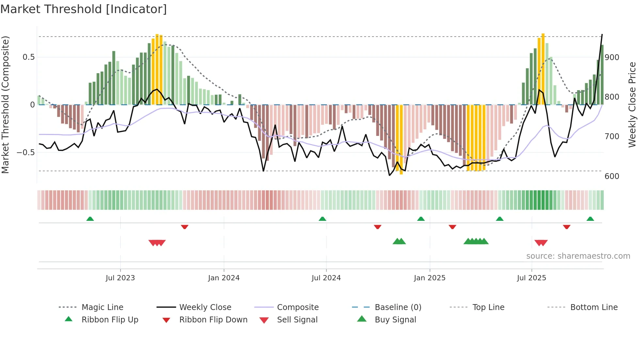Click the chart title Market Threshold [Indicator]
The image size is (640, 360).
click(x=84, y=9)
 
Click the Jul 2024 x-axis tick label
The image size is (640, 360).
click(x=326, y=278)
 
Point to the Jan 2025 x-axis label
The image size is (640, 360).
click(x=429, y=278)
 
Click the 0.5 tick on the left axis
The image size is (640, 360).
click(x=28, y=57)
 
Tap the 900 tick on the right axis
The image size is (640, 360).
click(x=612, y=57)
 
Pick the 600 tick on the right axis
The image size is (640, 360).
click(x=612, y=176)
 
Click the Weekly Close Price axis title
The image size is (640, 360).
click(x=632, y=105)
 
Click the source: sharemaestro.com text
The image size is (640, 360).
click(x=578, y=256)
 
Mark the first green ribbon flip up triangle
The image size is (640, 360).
click(x=90, y=219)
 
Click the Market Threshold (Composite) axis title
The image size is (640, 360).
click(x=5, y=105)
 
